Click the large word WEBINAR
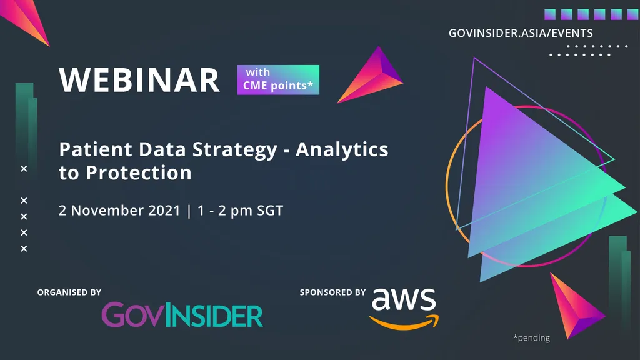click(x=139, y=80)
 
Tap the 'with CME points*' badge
click(x=278, y=79)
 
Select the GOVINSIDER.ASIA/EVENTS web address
click(x=521, y=33)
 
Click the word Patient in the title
click(x=96, y=149)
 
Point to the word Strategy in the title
click(x=235, y=150)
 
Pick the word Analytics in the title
click(x=342, y=150)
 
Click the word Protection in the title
click(x=139, y=172)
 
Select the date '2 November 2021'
click(x=119, y=211)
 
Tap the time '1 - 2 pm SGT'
click(x=240, y=211)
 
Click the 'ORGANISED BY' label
click(x=69, y=292)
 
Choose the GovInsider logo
click(x=182, y=315)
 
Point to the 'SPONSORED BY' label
click(x=332, y=292)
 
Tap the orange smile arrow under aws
click(x=404, y=322)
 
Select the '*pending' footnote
click(x=531, y=337)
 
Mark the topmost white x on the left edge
click(x=24, y=169)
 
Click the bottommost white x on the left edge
click(x=24, y=249)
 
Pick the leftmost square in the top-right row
click(x=550, y=14)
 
